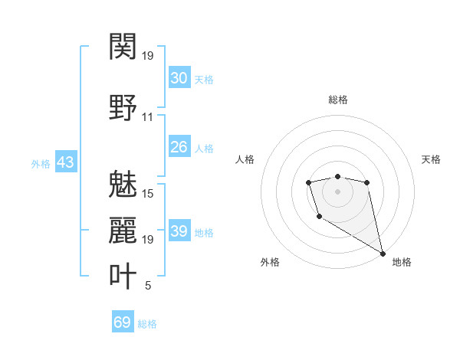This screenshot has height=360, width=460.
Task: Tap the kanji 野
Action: pos(123,106)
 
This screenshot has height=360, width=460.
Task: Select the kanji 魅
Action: pos(123,183)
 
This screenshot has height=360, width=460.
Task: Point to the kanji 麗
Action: pos(123,229)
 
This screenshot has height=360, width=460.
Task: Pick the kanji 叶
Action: pos(123,276)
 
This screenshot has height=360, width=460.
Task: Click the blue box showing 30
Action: pos(179,78)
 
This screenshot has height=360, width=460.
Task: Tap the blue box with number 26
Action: pos(179,147)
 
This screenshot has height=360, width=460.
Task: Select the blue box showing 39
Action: pos(179,231)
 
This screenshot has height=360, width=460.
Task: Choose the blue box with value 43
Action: pos(65,162)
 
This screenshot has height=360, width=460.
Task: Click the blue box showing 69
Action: pos(123,322)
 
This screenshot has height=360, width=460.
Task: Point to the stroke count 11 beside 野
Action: pos(147,117)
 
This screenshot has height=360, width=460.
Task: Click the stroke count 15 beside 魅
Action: pos(148,193)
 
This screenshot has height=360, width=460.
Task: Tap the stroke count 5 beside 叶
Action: pos(147,286)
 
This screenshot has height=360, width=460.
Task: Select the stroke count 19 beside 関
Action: pos(148,56)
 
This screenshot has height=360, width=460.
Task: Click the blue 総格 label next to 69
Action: pos(147,324)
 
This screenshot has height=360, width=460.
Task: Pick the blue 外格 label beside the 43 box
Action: pos(41,164)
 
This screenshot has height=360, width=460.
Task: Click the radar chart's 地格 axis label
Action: pos(402,262)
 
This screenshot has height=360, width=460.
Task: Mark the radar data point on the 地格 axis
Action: pos(383,254)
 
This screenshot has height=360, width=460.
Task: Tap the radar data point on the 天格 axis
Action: pos(367,182)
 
